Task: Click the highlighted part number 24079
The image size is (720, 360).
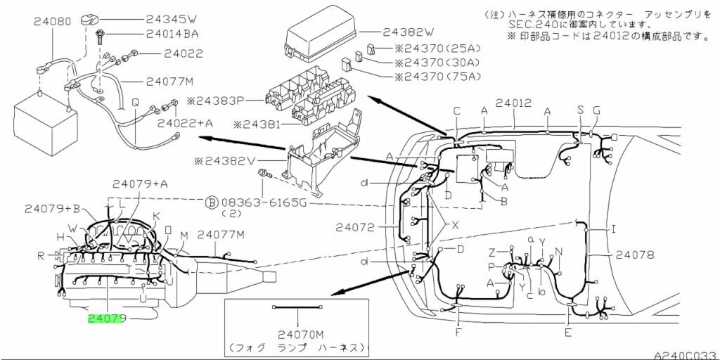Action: [x=106, y=319]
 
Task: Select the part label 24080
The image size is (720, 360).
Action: [x=52, y=22]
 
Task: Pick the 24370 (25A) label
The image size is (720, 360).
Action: [x=435, y=51]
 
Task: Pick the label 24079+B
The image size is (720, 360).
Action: [x=53, y=208]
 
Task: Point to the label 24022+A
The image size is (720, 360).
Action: [x=185, y=124]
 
